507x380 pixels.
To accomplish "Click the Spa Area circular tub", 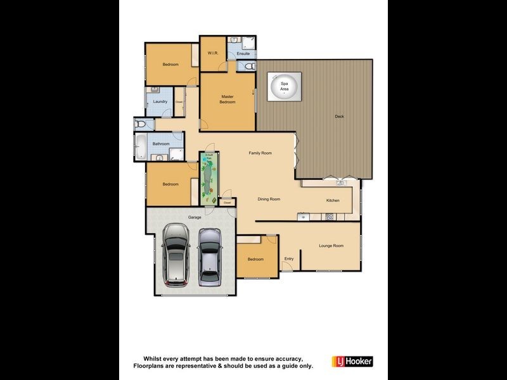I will click(284, 88).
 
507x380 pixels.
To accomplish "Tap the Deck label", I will click(340, 117).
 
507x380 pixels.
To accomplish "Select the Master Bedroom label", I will click(228, 99).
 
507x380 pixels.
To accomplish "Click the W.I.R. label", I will click(213, 53).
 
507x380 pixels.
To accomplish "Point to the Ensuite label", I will click(243, 54).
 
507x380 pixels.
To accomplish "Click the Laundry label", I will click(160, 102).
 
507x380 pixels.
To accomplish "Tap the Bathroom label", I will click(160, 144).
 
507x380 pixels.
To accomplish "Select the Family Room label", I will click(260, 153).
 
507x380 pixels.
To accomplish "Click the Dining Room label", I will click(269, 199).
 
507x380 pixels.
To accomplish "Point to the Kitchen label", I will click(333, 201).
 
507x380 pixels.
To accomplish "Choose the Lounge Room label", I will click(330, 246).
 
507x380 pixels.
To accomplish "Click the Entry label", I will click(289, 258).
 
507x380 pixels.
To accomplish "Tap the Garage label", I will click(194, 217).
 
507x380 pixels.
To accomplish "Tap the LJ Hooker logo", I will click(352, 362).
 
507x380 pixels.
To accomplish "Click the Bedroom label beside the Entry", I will click(255, 259).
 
